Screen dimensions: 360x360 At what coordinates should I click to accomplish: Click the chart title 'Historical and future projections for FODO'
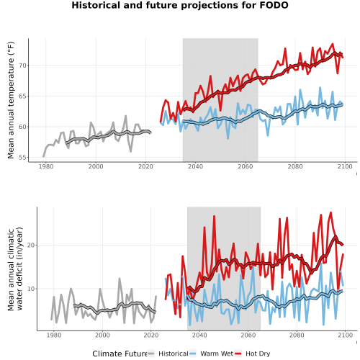click(180, 5)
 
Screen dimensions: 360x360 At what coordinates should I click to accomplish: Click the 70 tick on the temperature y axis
click(22, 66)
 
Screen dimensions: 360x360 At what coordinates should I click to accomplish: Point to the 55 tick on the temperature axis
click(22, 158)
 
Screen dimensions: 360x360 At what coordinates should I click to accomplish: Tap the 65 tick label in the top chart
click(22, 96)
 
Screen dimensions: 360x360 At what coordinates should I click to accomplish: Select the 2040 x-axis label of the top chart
click(195, 166)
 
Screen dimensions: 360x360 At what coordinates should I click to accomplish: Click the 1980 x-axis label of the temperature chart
click(46, 166)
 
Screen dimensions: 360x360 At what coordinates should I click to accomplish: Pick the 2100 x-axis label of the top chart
click(345, 166)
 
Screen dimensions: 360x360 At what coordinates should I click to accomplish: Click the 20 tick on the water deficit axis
click(31, 246)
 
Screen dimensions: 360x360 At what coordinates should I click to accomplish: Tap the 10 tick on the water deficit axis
click(31, 289)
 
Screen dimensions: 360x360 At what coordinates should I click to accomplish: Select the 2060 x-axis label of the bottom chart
click(248, 335)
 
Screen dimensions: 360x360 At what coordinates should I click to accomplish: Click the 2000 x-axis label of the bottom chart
click(102, 335)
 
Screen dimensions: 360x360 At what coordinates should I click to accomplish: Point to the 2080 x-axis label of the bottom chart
click(297, 335)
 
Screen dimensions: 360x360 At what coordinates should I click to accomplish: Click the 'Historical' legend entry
click(174, 354)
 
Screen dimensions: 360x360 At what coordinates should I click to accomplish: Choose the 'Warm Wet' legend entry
click(217, 354)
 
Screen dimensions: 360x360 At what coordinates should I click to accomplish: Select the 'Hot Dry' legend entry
click(258, 354)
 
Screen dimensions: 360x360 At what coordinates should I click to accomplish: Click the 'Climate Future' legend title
click(120, 354)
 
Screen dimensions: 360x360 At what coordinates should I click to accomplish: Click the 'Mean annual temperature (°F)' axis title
click(11, 100)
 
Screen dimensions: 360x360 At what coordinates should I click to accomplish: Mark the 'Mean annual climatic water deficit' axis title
click(15, 269)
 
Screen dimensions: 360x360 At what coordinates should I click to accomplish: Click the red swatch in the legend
click(238, 354)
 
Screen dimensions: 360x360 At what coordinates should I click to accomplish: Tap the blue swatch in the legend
click(193, 354)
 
